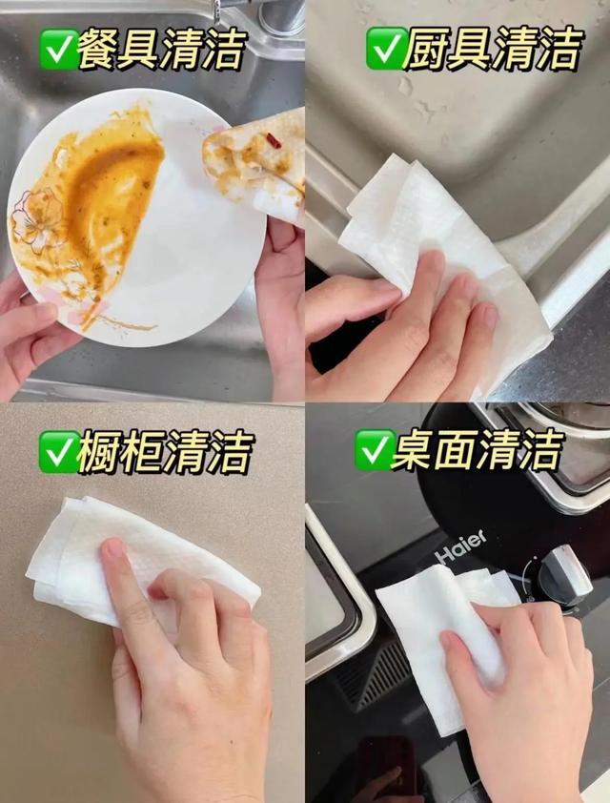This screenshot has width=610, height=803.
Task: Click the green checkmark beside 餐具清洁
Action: pos(58,49)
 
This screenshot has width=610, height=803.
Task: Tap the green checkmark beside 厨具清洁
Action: pos(385,48)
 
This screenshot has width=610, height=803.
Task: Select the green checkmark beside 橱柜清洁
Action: pos(58,452)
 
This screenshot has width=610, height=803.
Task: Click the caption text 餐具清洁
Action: pos(162,49)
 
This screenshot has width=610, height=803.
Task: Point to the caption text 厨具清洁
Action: pos(494,48)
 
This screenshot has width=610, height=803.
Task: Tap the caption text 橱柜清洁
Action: pos(165,452)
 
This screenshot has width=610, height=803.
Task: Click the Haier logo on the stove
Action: pos(460,547)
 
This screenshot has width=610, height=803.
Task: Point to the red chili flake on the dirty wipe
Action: pos(273,140)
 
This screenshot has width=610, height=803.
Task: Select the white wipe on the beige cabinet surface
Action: pos(138,558)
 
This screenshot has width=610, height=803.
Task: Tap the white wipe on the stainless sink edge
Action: pos(440,256)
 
